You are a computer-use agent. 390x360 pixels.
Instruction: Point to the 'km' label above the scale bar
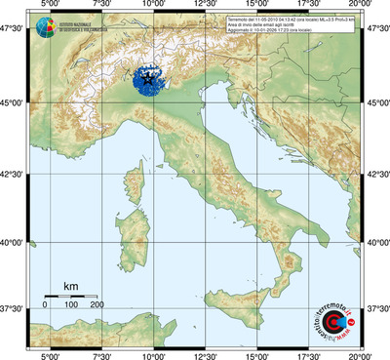(70, 286)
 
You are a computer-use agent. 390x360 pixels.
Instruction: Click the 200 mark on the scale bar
(97, 305)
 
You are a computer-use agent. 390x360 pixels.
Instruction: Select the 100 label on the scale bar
(71, 305)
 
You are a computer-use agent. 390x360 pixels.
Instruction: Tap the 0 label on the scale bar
(45, 305)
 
